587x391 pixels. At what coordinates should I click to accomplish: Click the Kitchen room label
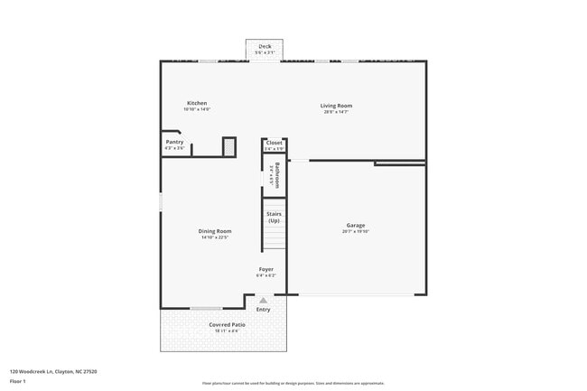click(x=197, y=103)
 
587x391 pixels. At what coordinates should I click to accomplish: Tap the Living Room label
click(x=337, y=106)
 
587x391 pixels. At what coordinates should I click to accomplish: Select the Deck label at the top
click(x=265, y=47)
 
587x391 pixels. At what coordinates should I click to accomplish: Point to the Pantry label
click(x=174, y=142)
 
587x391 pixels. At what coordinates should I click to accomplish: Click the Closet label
click(x=274, y=143)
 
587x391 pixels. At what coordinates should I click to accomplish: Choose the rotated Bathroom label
click(x=275, y=174)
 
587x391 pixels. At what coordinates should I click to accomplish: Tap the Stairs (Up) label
click(x=274, y=217)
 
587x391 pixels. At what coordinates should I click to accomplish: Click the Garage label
click(x=355, y=225)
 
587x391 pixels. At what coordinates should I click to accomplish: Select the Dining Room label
click(x=215, y=231)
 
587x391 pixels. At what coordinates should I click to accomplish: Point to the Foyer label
click(x=266, y=269)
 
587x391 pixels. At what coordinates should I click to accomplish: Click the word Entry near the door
click(x=263, y=310)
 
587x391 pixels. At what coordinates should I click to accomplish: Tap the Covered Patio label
click(x=227, y=324)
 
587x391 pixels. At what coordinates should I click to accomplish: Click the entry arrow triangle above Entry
click(x=263, y=301)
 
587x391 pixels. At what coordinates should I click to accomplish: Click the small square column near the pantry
click(x=229, y=146)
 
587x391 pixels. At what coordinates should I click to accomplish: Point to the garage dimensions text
click(x=355, y=231)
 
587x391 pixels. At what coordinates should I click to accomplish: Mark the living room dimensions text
click(x=337, y=112)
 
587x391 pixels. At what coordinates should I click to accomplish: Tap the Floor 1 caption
click(x=17, y=382)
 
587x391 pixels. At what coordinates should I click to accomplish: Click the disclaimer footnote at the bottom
click(x=293, y=383)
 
